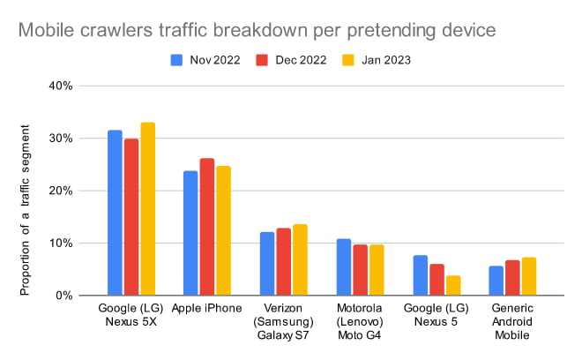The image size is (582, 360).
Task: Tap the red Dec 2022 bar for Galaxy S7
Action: pos(283,262)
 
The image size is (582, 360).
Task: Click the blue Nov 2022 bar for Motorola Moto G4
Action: pos(343,267)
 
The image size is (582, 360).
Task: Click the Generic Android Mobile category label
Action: pos(511,324)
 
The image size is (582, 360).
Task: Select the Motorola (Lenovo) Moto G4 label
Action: pos(360,324)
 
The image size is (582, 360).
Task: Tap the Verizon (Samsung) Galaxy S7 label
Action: pos(283,324)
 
